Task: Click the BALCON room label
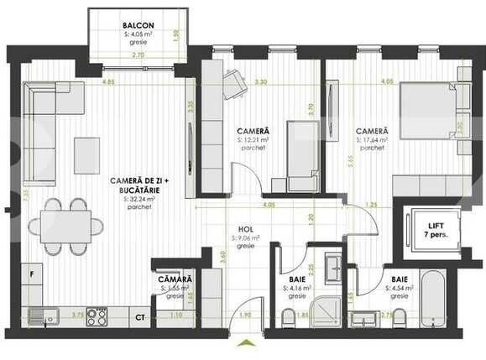(138, 26)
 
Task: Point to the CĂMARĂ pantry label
(175, 279)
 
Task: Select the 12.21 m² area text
(253, 140)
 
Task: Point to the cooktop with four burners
(97, 316)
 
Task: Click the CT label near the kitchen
(140, 317)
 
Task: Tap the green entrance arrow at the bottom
(244, 342)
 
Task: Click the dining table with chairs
(64, 226)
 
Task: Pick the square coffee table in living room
(86, 155)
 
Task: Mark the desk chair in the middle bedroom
(234, 83)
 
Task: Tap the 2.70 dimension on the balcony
(137, 55)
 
